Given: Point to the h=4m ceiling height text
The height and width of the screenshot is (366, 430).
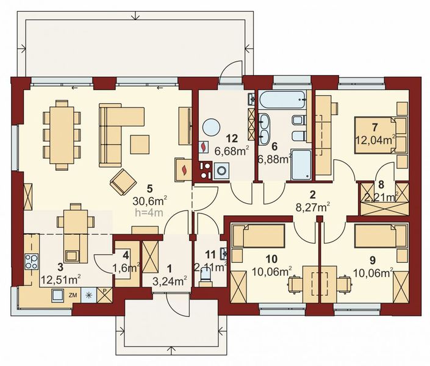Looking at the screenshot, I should pos(149,213).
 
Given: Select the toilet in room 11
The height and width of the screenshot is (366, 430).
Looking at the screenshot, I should pos(208,276).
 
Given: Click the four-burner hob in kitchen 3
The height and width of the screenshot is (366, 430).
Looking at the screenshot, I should pos(30,263).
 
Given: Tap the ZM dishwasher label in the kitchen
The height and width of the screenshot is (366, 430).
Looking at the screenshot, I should pos(73,295).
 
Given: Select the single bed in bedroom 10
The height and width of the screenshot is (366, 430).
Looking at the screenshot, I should pos(259,235).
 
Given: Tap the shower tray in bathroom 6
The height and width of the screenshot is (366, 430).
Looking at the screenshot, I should pos(301,163).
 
